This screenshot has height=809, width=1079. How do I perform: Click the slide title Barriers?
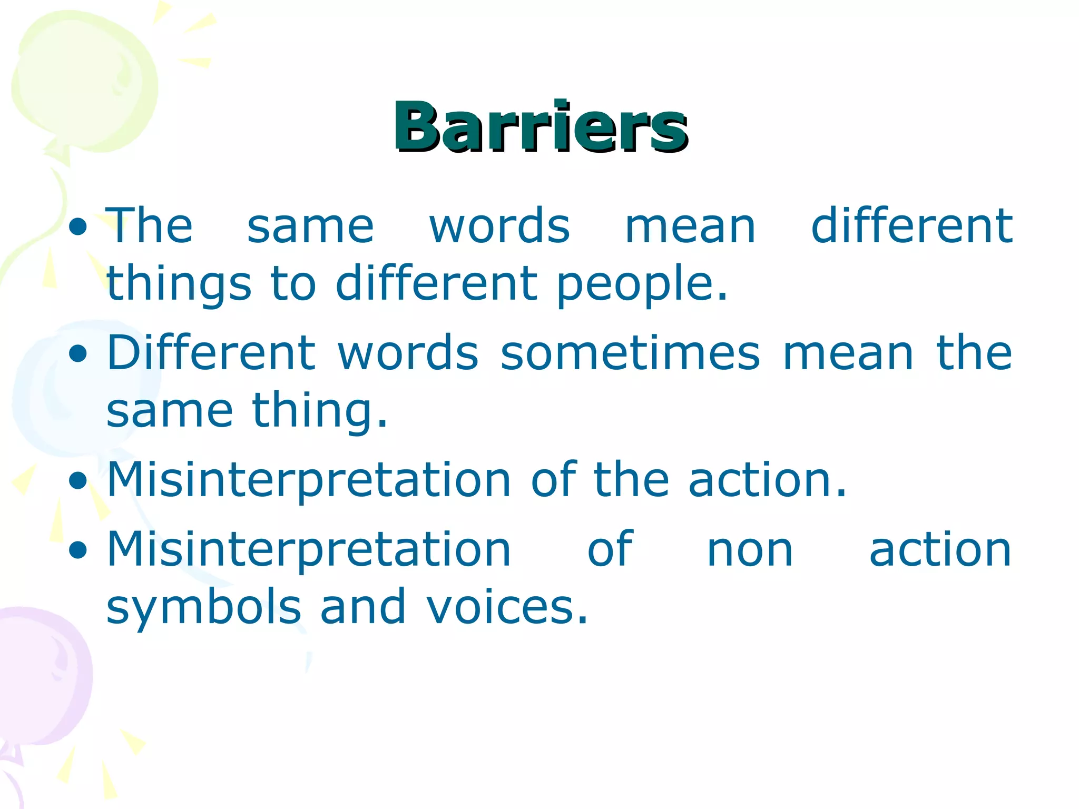click(541, 127)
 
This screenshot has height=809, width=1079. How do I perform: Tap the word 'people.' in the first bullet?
click(642, 284)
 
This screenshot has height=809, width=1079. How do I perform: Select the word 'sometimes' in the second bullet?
click(630, 353)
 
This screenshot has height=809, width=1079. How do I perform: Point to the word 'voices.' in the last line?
click(507, 607)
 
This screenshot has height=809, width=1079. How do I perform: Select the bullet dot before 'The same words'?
click(78, 227)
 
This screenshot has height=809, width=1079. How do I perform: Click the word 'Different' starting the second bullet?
click(211, 353)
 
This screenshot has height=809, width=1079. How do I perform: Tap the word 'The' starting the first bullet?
click(149, 226)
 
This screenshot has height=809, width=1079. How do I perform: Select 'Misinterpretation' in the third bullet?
click(309, 479)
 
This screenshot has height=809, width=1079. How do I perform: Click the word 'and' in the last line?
click(364, 607)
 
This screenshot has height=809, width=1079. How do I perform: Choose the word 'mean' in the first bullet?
click(690, 226)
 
